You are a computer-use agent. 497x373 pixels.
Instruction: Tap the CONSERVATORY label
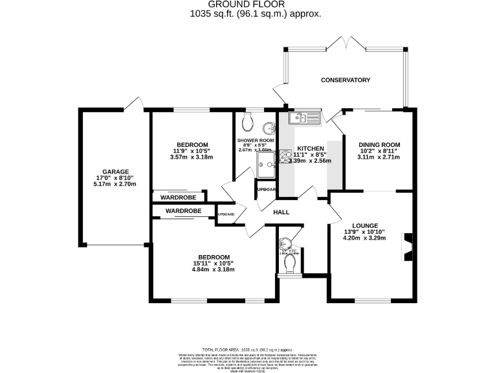click(x=346, y=80)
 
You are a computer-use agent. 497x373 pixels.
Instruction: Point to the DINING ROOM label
click(x=380, y=144)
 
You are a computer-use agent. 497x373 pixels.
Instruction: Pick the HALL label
click(x=281, y=212)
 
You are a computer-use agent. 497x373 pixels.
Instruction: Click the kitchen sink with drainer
click(x=304, y=117)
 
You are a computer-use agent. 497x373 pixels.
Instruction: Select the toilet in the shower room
click(x=247, y=122)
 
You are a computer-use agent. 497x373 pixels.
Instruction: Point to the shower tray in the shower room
click(x=266, y=164)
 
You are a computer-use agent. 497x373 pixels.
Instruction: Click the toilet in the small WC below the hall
click(x=289, y=262)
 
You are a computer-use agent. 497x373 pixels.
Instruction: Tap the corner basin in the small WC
click(x=285, y=244)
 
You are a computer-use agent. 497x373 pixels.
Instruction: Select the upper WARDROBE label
click(x=178, y=197)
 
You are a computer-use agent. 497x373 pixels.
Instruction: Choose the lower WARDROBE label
click(x=182, y=211)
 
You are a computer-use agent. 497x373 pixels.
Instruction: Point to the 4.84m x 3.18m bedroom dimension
click(x=213, y=269)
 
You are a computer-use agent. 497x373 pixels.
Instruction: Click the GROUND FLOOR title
click(x=248, y=5)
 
